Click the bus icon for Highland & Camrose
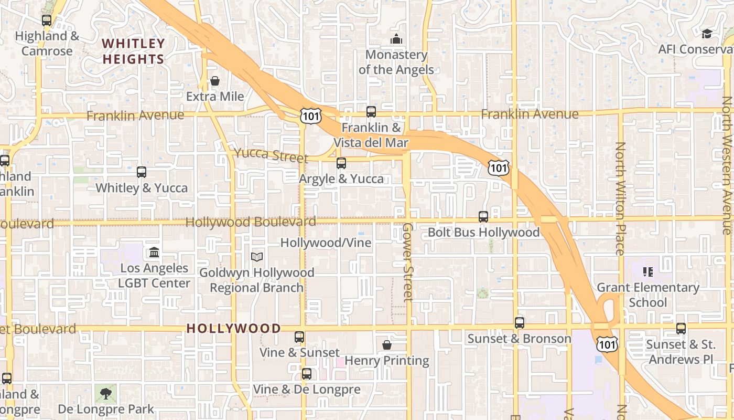click(47, 20)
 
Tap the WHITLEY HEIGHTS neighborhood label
click(133, 51)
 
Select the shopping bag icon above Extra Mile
click(215, 81)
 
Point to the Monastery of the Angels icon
click(396, 39)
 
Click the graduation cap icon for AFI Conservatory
click(707, 34)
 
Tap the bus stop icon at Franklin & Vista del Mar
click(371, 111)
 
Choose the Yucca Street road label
click(271, 154)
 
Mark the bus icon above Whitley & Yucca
click(142, 172)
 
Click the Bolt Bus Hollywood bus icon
click(483, 216)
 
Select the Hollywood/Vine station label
click(326, 243)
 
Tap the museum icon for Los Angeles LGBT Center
click(154, 253)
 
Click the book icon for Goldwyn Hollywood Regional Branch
click(257, 257)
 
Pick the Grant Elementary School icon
click(648, 272)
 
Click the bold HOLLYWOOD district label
click(234, 329)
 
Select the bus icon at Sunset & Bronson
click(520, 323)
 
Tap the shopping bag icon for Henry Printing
click(387, 345)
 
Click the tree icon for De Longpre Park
click(106, 393)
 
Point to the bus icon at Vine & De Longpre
click(307, 374)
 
